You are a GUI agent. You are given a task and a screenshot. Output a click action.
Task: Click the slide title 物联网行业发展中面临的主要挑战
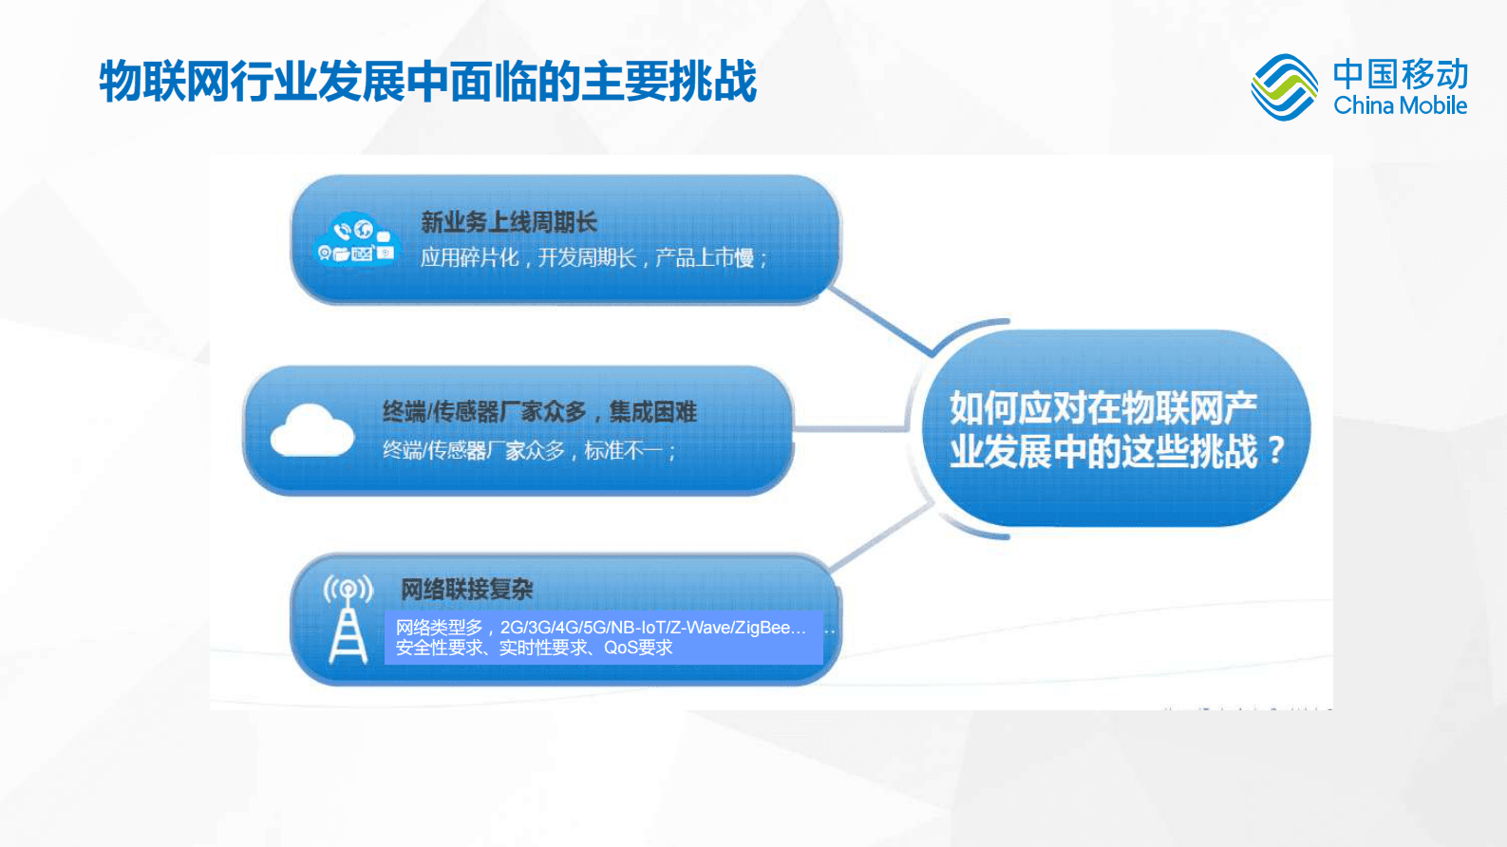pyautogui.click(x=427, y=82)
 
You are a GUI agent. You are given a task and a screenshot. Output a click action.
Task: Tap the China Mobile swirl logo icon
pyautogui.click(x=1284, y=87)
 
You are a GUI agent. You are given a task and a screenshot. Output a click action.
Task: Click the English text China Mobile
pyautogui.click(x=1400, y=105)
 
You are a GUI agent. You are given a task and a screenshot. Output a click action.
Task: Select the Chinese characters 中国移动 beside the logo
pyautogui.click(x=1400, y=73)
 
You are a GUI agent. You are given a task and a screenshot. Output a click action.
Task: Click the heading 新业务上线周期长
pyautogui.click(x=509, y=222)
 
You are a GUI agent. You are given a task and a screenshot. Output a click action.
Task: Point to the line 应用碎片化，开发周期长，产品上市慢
pyautogui.click(x=593, y=258)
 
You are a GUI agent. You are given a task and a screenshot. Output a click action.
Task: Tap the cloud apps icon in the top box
pyautogui.click(x=354, y=240)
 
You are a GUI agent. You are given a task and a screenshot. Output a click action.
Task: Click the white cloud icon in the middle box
pyautogui.click(x=311, y=432)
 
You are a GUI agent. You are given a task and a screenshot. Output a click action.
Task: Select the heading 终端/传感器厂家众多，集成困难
pyautogui.click(x=539, y=412)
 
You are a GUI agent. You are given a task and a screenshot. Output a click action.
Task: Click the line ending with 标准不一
pyautogui.click(x=528, y=450)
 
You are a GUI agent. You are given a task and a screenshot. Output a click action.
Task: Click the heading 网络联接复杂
pyautogui.click(x=466, y=589)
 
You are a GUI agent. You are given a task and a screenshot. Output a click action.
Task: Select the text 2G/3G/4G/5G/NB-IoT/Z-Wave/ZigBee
pyautogui.click(x=653, y=628)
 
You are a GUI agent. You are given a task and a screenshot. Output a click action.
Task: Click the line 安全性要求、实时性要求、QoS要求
pyautogui.click(x=534, y=648)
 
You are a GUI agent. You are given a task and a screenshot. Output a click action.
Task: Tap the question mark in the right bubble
pyautogui.click(x=1275, y=450)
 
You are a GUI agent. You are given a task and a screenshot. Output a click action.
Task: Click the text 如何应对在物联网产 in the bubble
pyautogui.click(x=1103, y=408)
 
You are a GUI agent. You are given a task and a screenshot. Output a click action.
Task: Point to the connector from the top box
pyautogui.click(x=881, y=323)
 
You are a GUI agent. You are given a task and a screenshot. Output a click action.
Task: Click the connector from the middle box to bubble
pyautogui.click(x=850, y=428)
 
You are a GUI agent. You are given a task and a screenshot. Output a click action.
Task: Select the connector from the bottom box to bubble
pyautogui.click(x=881, y=538)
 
